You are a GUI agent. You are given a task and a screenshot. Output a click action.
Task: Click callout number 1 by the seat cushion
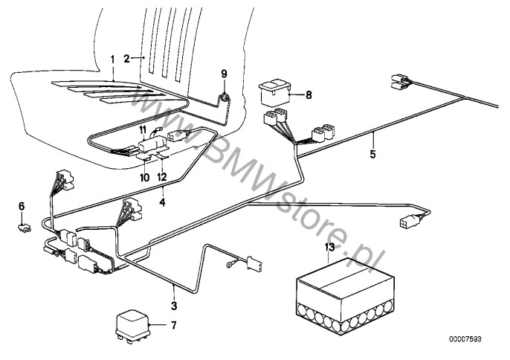(112, 59)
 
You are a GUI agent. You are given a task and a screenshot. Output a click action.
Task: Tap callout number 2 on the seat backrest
(126, 58)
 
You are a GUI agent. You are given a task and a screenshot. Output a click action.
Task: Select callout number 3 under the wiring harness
(175, 305)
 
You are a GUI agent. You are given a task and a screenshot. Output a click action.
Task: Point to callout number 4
(163, 202)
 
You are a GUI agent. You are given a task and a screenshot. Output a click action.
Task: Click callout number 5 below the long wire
(374, 155)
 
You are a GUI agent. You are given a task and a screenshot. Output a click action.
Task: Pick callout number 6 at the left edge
(22, 205)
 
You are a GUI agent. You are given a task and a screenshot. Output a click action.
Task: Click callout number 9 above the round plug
(223, 73)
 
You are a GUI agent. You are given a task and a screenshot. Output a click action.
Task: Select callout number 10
(144, 176)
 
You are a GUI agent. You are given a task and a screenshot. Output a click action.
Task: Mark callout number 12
(161, 176)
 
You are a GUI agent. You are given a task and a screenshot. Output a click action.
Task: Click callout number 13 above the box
(330, 248)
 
